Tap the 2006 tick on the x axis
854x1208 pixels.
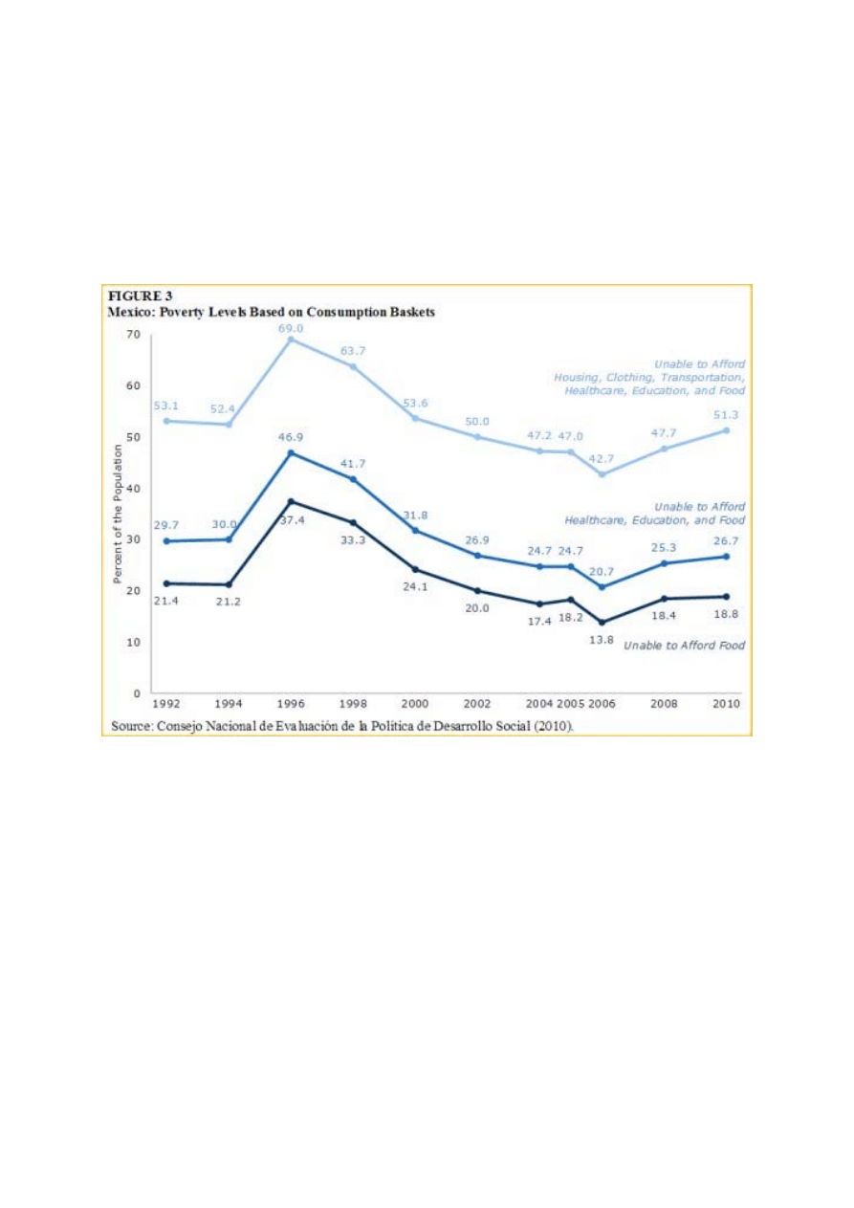602,704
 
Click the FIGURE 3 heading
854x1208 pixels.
140,297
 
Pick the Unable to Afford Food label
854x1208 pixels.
684,647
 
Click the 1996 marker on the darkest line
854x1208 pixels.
291,501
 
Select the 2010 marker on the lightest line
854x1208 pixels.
727,430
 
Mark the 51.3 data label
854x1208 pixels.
728,414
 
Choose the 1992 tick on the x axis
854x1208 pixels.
168,704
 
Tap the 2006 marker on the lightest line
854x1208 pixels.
602,474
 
